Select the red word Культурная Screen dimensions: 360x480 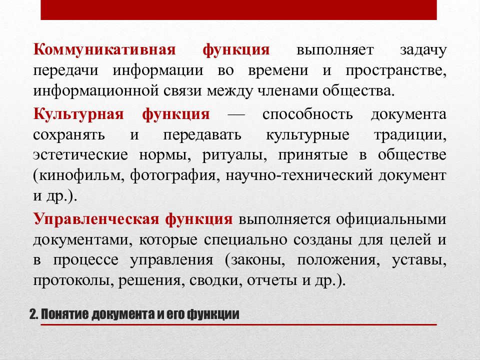pyautogui.click(x=79, y=113)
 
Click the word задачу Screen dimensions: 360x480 pyautogui.click(x=422, y=50)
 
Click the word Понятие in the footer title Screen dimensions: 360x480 pyautogui.click(x=60, y=315)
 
